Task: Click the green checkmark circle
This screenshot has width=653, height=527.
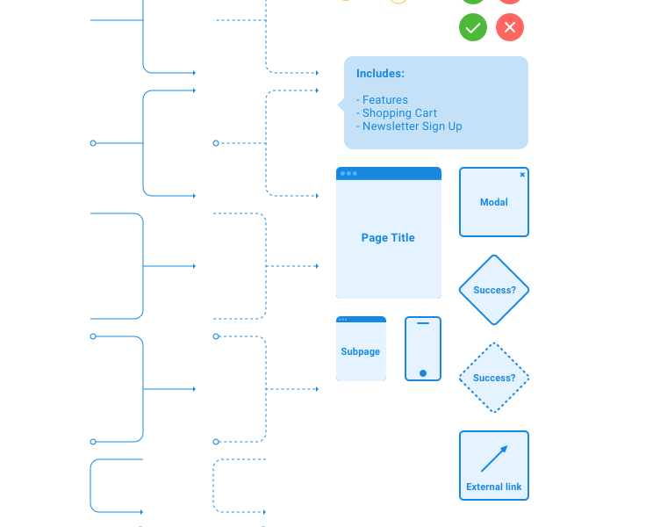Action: (473, 27)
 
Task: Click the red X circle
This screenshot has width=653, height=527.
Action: (510, 27)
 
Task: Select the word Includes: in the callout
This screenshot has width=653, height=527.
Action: (380, 74)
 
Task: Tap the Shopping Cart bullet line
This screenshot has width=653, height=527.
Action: (397, 113)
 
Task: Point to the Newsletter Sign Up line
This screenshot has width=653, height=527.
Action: (409, 126)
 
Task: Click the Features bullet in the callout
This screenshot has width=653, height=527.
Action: (383, 100)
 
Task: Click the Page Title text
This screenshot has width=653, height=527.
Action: (388, 238)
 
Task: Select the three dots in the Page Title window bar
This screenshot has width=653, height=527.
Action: (348, 173)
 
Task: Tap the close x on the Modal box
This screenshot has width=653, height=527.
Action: (522, 174)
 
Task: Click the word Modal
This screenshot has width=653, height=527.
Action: (494, 202)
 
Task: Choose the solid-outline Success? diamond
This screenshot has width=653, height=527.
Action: (494, 290)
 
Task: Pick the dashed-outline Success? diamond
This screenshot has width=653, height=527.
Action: (494, 378)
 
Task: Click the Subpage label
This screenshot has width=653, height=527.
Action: (361, 351)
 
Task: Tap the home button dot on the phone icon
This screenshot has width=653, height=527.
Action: (423, 373)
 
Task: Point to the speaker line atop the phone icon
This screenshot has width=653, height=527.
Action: (423, 323)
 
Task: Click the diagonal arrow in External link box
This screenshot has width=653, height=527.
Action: (494, 458)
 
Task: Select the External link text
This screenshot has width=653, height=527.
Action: (494, 487)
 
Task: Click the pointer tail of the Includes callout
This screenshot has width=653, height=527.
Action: (341, 105)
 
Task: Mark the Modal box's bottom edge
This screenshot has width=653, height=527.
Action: (494, 236)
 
